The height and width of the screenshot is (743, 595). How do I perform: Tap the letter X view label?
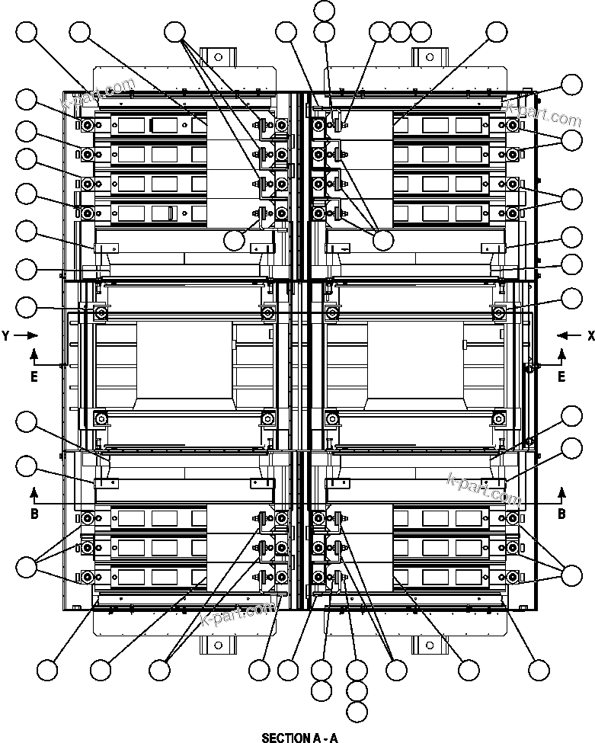tap(590, 335)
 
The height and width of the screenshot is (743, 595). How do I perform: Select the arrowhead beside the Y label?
tap(33, 335)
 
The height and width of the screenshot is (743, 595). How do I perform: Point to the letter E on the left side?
tap(34, 376)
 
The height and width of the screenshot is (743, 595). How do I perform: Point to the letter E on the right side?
tap(561, 376)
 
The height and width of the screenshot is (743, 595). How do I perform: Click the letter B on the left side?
tap(34, 514)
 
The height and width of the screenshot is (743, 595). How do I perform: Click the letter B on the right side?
tap(561, 514)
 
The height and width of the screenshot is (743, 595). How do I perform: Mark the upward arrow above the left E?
tap(34, 354)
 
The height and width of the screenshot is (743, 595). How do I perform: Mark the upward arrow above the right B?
tap(561, 491)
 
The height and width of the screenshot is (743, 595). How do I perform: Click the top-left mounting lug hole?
tap(218, 56)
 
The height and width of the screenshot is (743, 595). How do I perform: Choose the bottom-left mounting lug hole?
tap(218, 645)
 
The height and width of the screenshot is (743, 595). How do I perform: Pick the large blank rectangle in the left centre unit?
tap(184, 359)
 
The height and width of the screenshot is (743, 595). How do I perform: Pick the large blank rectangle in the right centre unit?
tap(415, 359)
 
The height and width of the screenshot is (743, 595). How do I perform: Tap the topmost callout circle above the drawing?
tap(324, 10)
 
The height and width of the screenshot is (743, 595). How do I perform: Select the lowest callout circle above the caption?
tap(357, 713)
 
